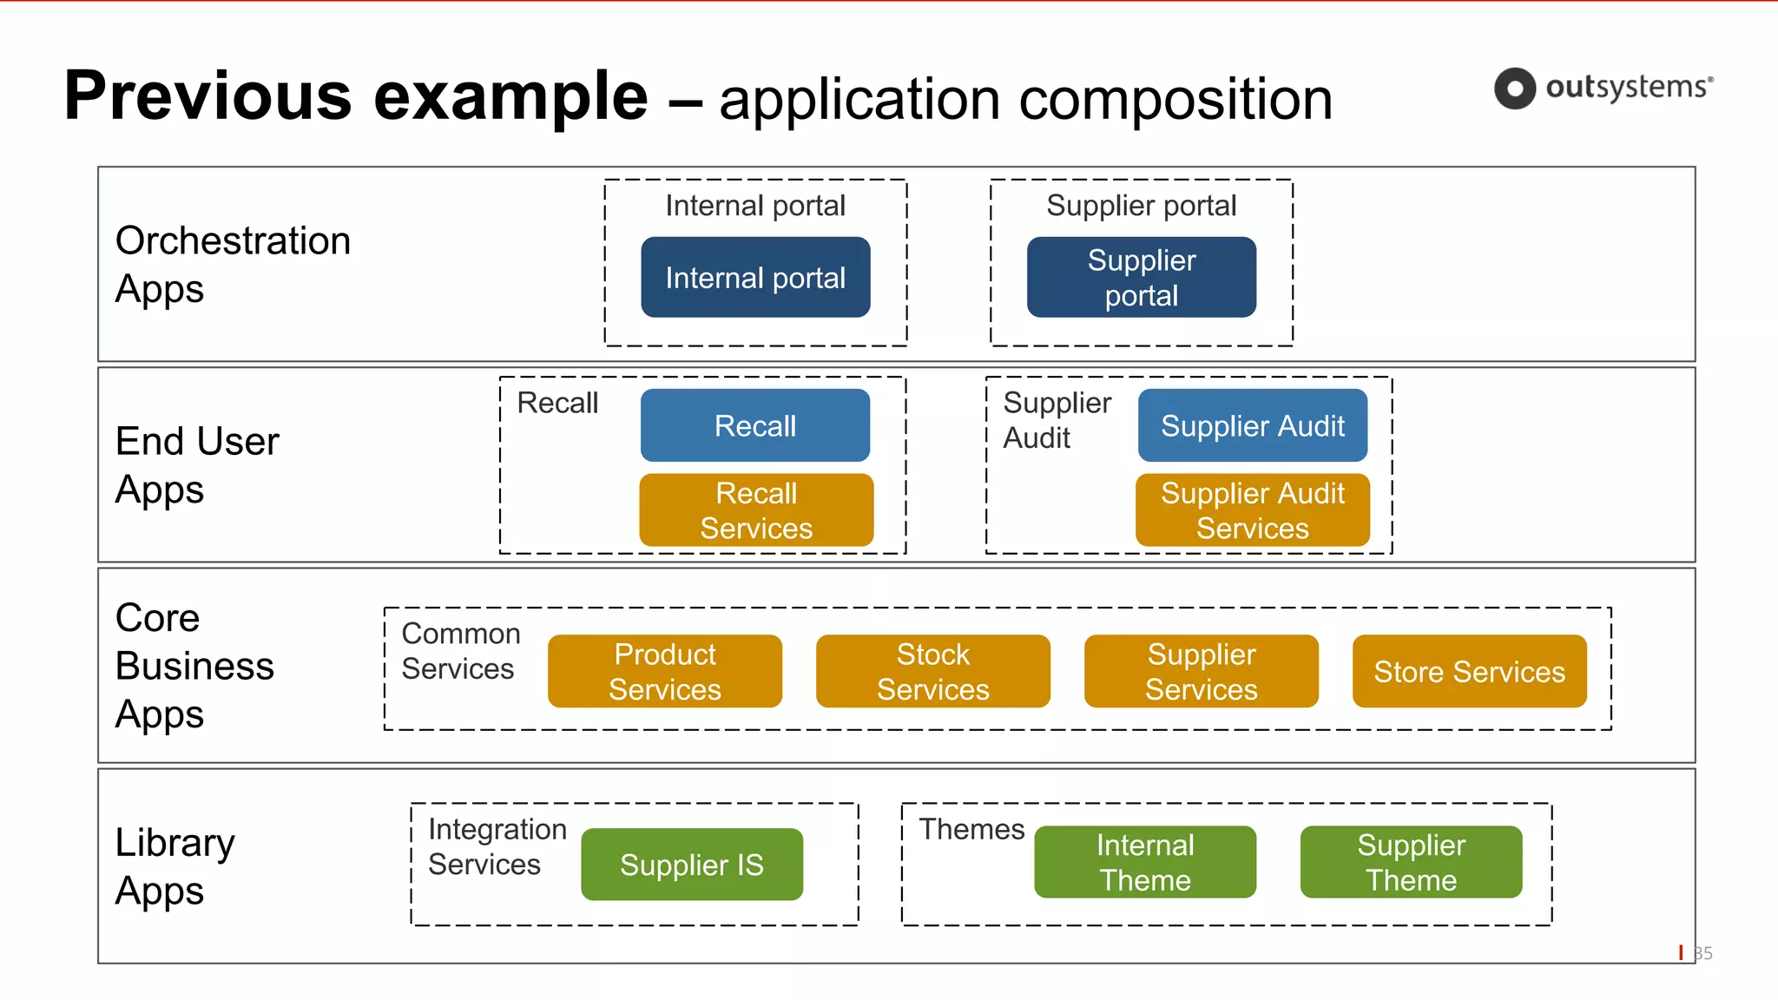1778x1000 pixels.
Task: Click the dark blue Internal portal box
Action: [x=755, y=278]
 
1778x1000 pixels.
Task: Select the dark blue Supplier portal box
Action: [x=1141, y=278]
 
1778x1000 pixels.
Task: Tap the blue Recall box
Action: [x=754, y=425]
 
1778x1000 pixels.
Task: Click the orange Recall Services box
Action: [x=756, y=510]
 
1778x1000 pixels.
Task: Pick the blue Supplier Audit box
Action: [x=1252, y=425]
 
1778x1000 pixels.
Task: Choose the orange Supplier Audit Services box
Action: [x=1252, y=510]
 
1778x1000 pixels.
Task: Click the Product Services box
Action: [x=664, y=671]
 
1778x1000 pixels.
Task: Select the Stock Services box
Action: [x=932, y=671]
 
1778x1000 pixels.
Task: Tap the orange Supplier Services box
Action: [x=1201, y=671]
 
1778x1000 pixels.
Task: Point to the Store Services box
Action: [x=1469, y=671]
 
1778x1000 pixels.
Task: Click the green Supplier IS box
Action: [x=691, y=865]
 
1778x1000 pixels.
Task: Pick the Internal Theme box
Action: [x=1144, y=862]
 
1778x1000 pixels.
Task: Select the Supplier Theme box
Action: [x=1411, y=862]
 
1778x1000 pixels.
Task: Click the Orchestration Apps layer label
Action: [x=233, y=265]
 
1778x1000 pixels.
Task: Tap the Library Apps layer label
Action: [x=175, y=866]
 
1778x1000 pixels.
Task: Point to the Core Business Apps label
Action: [x=194, y=666]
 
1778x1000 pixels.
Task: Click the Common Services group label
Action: [x=460, y=651]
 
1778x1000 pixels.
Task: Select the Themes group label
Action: [x=971, y=829]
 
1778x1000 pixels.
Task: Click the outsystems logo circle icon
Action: [x=1515, y=89]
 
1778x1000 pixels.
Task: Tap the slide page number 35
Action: [x=1703, y=953]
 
